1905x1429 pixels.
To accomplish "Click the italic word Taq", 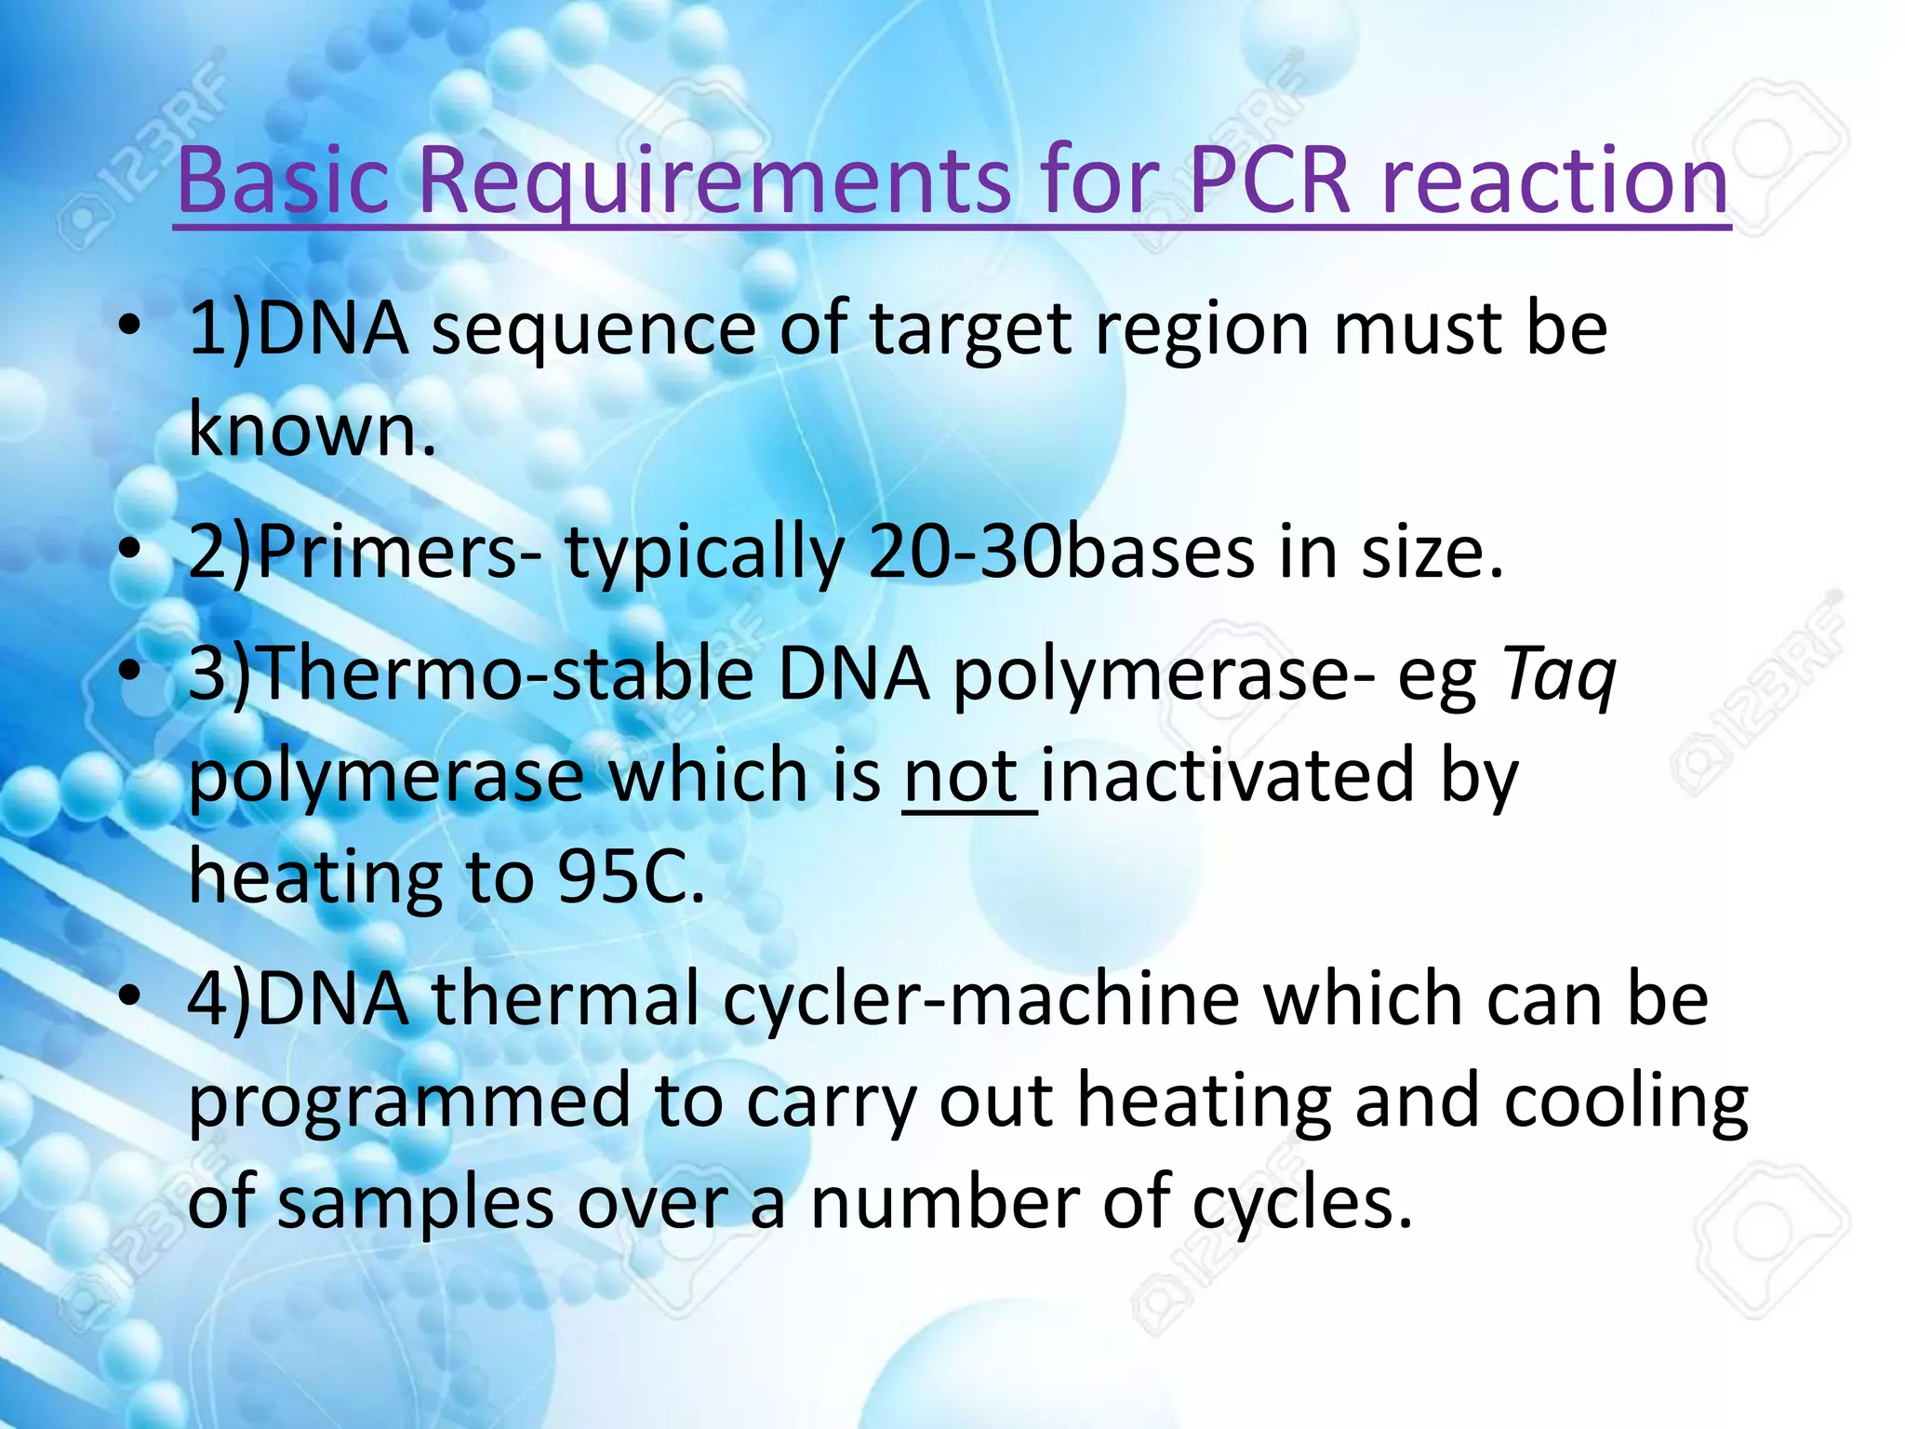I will (x=1560, y=674).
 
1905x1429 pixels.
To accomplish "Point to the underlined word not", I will (x=962, y=776).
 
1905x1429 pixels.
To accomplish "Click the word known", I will (x=312, y=431).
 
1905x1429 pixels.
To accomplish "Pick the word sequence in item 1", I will (x=593, y=329).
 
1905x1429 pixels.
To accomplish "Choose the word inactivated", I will (x=1228, y=776).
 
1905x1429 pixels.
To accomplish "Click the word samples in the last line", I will (x=415, y=1203).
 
